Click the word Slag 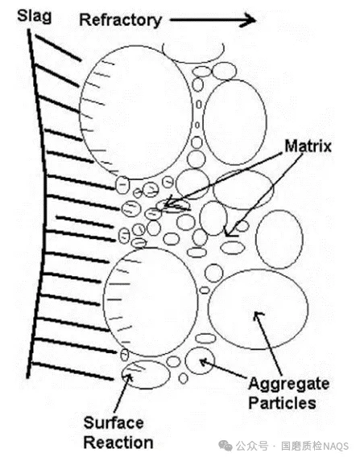click(x=34, y=17)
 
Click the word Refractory click(x=121, y=21)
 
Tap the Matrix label click(x=308, y=146)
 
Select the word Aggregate click(x=289, y=384)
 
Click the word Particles click(x=283, y=403)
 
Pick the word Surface click(x=114, y=423)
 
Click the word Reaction click(x=118, y=442)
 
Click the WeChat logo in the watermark click(x=226, y=446)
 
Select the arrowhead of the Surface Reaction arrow click(x=129, y=377)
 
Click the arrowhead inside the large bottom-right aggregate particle click(x=258, y=315)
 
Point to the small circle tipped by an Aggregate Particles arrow click(x=200, y=360)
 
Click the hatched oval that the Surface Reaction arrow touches click(x=146, y=374)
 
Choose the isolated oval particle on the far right click(x=279, y=239)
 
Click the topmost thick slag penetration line click(x=58, y=48)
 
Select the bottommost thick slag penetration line click(x=72, y=372)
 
